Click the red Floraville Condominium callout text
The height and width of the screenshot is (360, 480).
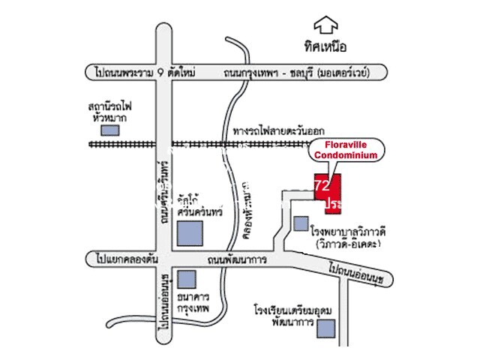click(x=346, y=149)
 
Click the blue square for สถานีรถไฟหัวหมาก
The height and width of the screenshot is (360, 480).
click(x=110, y=129)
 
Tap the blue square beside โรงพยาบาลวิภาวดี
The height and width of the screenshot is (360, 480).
click(x=301, y=223)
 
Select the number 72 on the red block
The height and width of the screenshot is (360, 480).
click(x=322, y=184)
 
